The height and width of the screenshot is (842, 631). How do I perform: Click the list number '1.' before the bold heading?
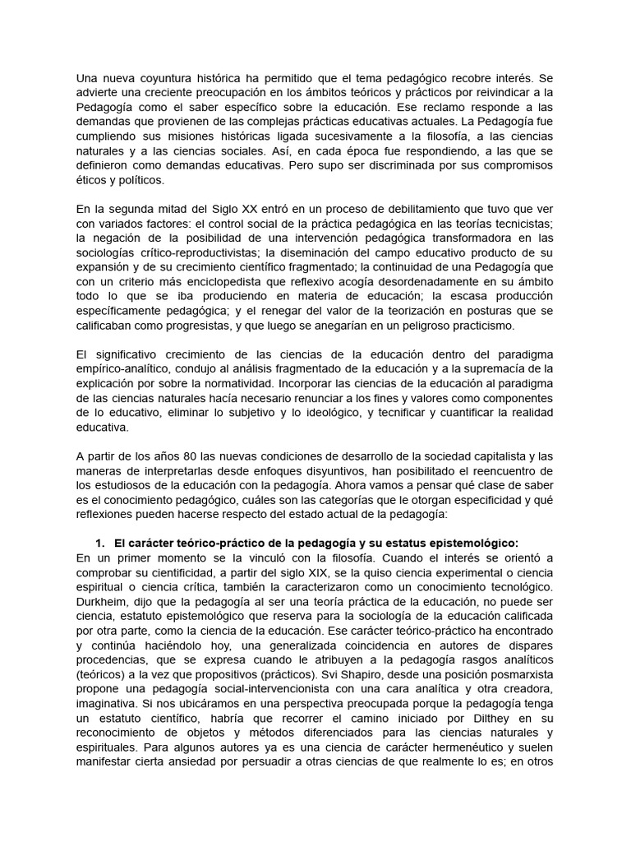coord(101,544)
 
